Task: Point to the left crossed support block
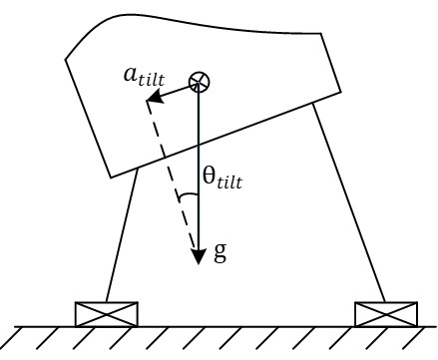tap(106, 313)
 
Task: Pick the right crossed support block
tap(385, 313)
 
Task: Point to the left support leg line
tap(121, 239)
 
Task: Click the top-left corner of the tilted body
tap(66, 58)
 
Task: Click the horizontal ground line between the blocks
tap(244, 325)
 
